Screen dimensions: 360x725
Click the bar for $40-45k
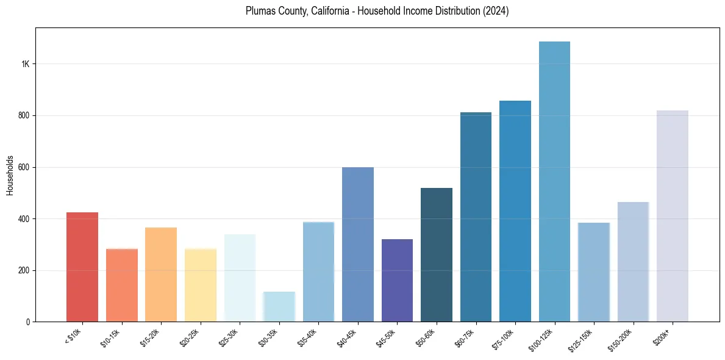358,244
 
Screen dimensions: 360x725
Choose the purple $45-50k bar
397,280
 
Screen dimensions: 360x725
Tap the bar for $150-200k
633,262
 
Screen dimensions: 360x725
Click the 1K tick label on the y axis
26,64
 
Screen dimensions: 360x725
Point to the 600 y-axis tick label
24,167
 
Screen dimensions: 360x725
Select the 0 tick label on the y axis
28,322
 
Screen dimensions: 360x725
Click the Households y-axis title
10,176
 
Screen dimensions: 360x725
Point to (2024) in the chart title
496,11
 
